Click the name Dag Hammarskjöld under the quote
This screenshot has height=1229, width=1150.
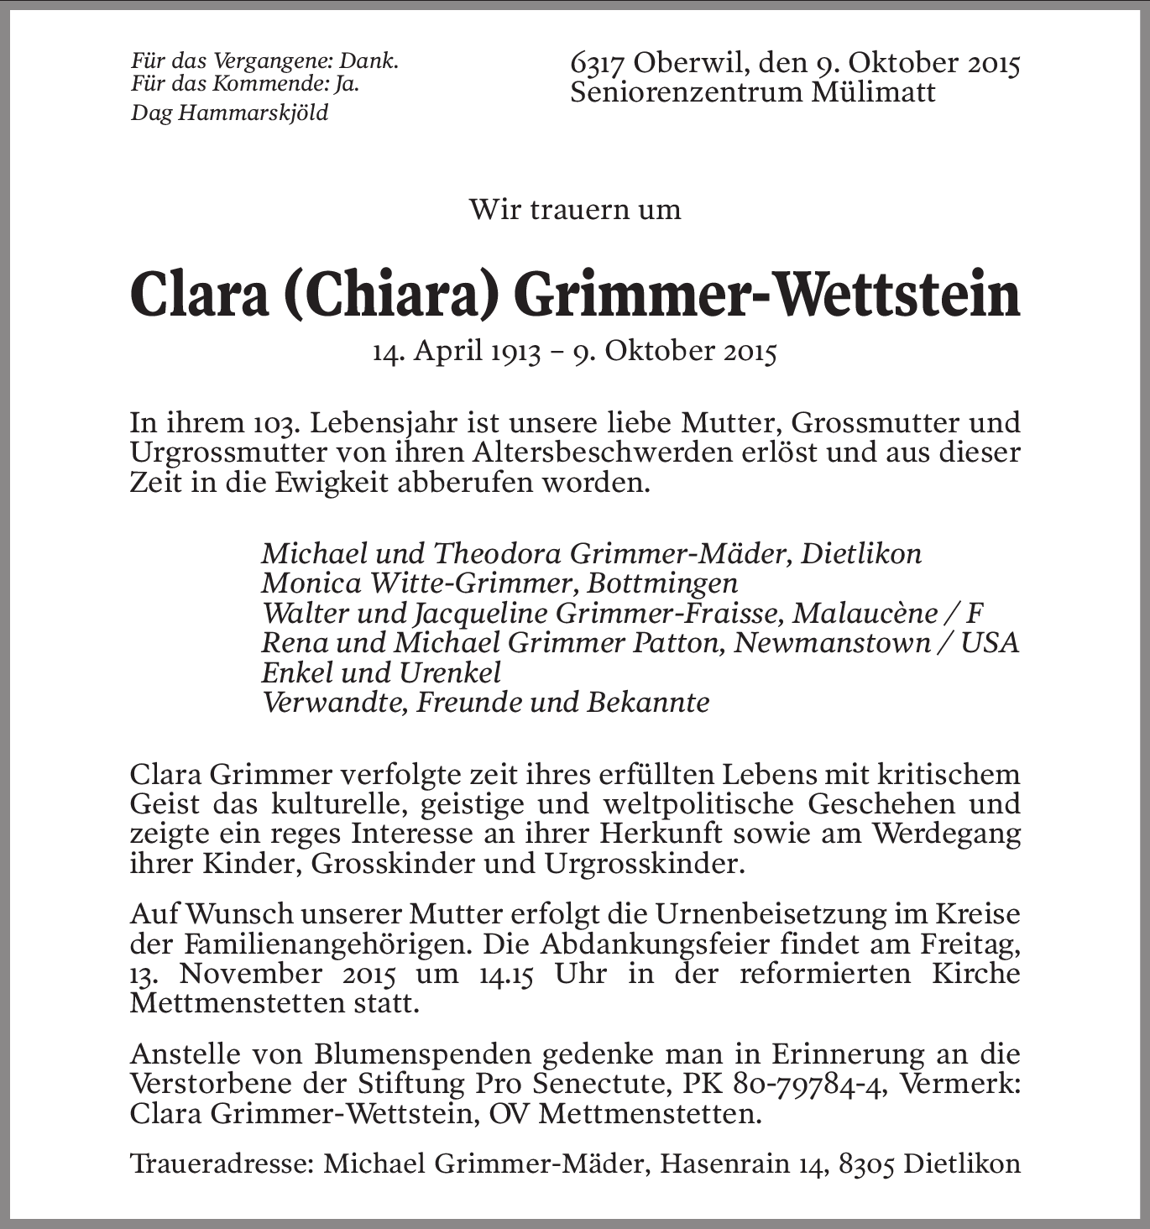click(x=229, y=112)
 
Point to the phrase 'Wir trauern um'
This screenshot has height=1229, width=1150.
click(x=575, y=209)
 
